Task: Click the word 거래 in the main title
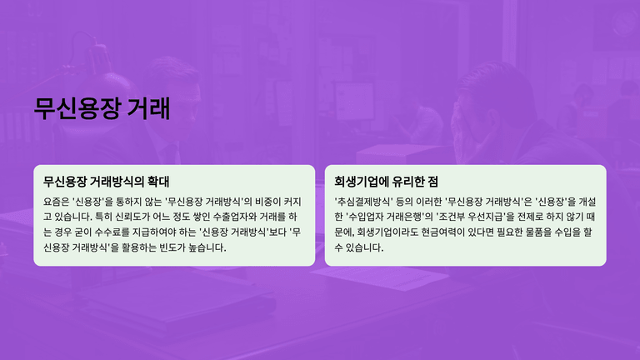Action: (148, 108)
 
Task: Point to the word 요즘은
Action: (56, 202)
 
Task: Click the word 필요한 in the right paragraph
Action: (511, 232)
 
